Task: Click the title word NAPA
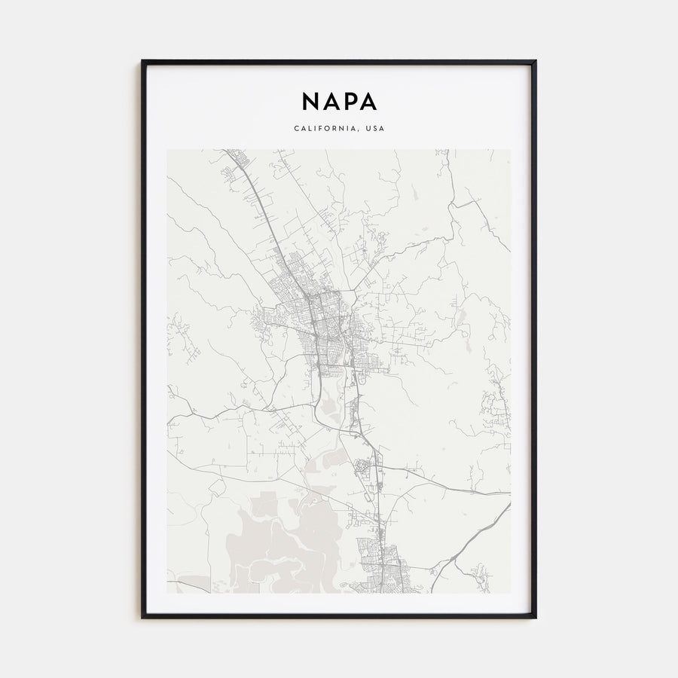339,101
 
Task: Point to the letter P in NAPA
349,101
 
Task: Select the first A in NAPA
330,101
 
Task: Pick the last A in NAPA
368,101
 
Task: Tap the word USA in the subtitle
374,128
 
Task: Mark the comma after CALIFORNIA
359,130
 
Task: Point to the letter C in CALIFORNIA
296,128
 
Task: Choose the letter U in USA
367,128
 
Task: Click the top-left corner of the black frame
142,62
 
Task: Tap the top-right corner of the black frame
535,62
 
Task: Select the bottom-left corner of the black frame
142,617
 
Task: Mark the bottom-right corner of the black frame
535,617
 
